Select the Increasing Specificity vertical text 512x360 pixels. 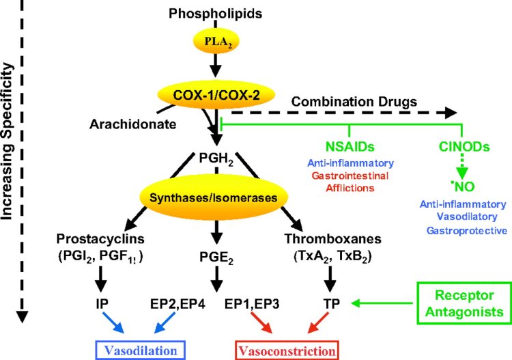point(10,140)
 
